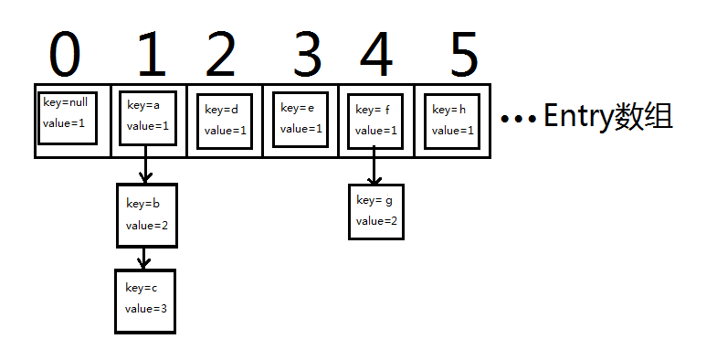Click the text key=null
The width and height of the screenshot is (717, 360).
click(63, 102)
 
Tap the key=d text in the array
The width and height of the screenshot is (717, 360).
click(222, 110)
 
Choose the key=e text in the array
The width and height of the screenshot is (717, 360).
click(298, 108)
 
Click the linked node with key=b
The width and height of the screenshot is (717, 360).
click(146, 215)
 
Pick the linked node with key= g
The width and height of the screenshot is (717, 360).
click(375, 211)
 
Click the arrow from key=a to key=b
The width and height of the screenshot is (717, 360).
click(144, 164)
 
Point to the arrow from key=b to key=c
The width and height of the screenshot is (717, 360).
click(142, 258)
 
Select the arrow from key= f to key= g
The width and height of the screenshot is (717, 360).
click(373, 166)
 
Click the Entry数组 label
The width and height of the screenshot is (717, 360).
click(607, 116)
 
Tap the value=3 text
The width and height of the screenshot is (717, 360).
click(146, 309)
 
